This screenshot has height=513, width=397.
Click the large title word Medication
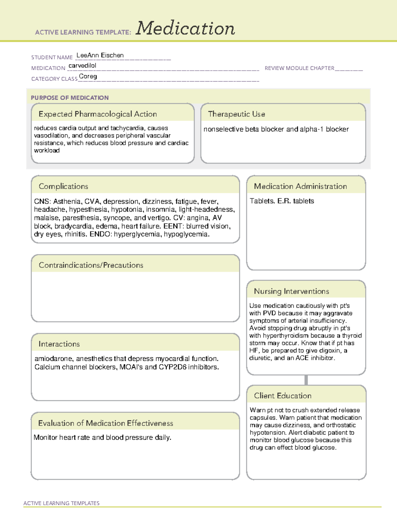pyautogui.click(x=185, y=28)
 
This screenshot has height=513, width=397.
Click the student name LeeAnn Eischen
pyautogui.click(x=100, y=55)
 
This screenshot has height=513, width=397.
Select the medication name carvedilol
pyautogui.click(x=82, y=66)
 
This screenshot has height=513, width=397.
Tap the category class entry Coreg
pyautogui.click(x=88, y=77)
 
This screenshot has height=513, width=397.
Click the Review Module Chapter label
pyautogui.click(x=299, y=68)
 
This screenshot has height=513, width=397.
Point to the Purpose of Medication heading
pyautogui.click(x=70, y=98)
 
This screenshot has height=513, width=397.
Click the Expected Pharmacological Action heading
pyautogui.click(x=98, y=114)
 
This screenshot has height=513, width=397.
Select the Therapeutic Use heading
pyautogui.click(x=237, y=114)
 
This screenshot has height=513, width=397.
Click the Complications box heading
pyautogui.click(x=64, y=186)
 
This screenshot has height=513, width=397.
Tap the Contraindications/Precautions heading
pyautogui.click(x=91, y=265)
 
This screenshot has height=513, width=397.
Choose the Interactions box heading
pyautogui.click(x=59, y=344)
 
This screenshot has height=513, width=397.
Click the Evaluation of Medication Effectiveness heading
pyautogui.click(x=106, y=423)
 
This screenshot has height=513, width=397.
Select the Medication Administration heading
pyautogui.click(x=300, y=186)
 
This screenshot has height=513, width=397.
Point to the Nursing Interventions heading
pyautogui.click(x=291, y=291)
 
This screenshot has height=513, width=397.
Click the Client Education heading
pyautogui.click(x=283, y=396)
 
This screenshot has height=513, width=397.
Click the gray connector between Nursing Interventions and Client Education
pyautogui.click(x=306, y=380)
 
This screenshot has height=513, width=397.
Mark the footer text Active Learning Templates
pyautogui.click(x=62, y=503)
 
